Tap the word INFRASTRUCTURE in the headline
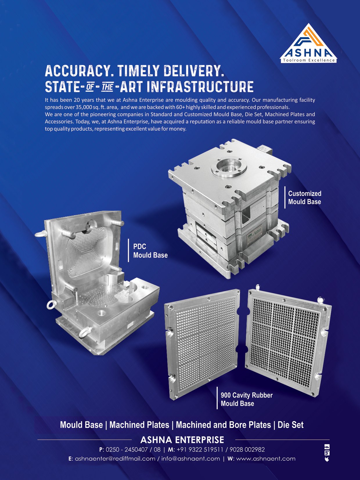pos(200,86)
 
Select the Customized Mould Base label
pos(305,197)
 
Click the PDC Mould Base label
pos(150,251)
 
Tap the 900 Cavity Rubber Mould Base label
pos(247,399)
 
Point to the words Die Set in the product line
pos(290,425)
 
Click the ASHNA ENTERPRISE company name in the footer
pos(182,440)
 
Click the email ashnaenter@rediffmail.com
pos(115,459)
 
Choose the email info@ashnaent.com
pos(190,459)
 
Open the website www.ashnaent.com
pos(266,459)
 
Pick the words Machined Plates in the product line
pos(139,425)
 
